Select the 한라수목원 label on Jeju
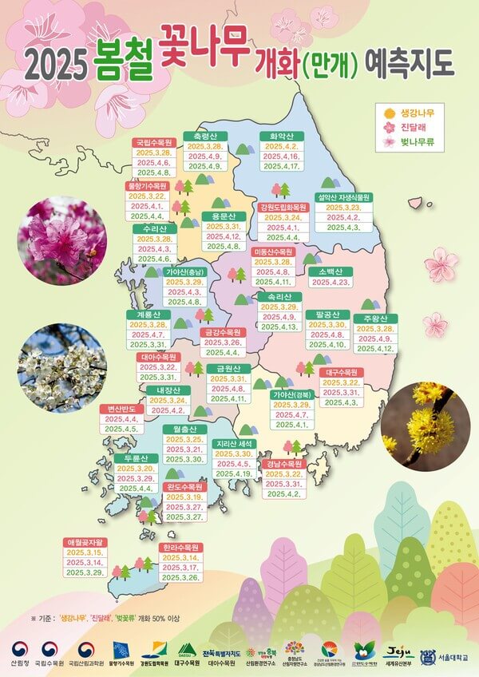180,548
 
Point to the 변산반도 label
121,409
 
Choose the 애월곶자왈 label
85,542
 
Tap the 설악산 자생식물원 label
344,196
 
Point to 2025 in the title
56,62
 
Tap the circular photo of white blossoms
61,367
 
